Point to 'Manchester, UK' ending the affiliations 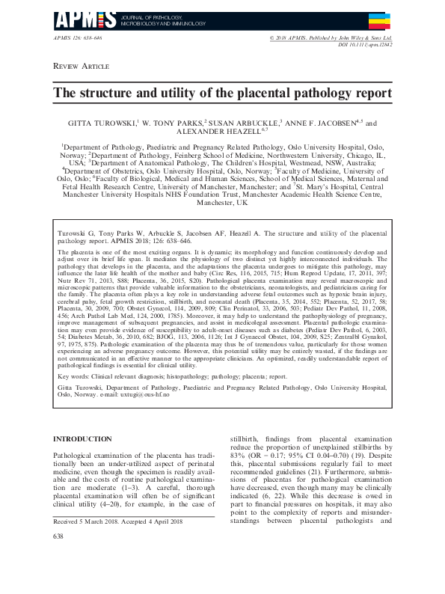222,203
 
